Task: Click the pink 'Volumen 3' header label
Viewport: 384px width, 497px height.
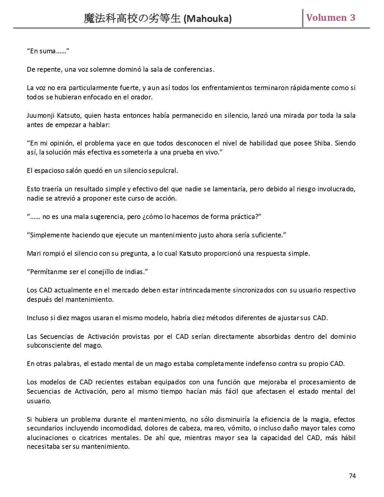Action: tap(331, 18)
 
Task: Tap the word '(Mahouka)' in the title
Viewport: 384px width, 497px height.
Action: tap(208, 19)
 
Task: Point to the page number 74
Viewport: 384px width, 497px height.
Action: tap(352, 476)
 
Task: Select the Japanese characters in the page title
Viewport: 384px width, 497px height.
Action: tap(133, 19)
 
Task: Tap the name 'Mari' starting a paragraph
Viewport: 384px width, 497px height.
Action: tap(33, 253)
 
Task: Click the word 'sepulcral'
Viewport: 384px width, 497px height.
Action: tap(164, 171)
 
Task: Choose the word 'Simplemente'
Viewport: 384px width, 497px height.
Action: tap(50, 235)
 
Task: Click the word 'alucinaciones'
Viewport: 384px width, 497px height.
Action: tap(48, 438)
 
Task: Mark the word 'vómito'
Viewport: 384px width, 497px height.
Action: tap(235, 428)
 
